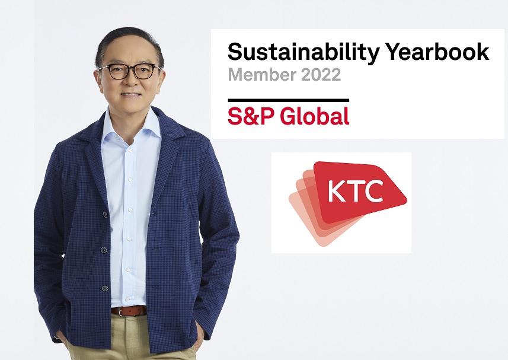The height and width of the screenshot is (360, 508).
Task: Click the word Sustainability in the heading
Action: [303, 52]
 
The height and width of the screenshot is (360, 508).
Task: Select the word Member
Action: [262, 74]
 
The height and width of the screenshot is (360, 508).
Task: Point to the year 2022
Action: [321, 75]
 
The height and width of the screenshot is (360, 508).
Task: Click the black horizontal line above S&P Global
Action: [288, 100]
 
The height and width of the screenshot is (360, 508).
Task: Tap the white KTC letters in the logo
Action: [355, 191]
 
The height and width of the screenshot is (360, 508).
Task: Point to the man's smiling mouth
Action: [131, 95]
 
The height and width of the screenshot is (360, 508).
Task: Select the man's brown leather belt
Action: [129, 311]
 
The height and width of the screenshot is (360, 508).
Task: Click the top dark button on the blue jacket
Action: [105, 214]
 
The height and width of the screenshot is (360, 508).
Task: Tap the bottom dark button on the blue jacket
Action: [105, 288]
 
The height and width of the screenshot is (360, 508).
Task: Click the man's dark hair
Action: [128, 44]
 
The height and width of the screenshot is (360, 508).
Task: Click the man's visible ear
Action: [98, 80]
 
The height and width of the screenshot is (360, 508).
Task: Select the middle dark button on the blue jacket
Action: [104, 250]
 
